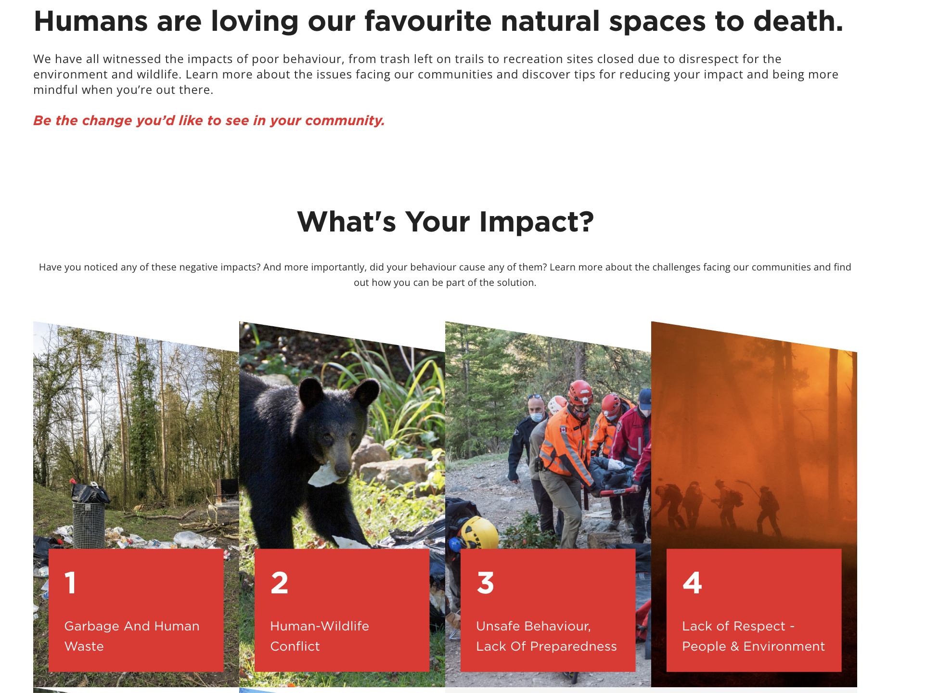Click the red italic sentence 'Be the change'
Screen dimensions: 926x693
tap(209, 120)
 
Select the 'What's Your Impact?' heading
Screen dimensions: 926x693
tap(445, 222)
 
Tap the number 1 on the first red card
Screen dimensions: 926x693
tap(71, 582)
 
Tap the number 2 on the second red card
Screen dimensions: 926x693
tap(280, 582)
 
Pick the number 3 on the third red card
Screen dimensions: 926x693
tap(486, 582)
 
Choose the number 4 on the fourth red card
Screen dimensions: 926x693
tap(693, 582)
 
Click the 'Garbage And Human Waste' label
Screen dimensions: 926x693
tap(132, 636)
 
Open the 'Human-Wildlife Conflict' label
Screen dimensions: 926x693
tap(320, 636)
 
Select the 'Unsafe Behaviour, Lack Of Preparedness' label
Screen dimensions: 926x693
tap(546, 636)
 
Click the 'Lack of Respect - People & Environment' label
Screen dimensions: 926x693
tap(753, 636)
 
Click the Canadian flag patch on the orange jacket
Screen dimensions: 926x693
tap(563, 429)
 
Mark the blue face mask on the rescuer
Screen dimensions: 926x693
tap(537, 416)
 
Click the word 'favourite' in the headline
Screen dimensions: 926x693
tap(428, 21)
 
